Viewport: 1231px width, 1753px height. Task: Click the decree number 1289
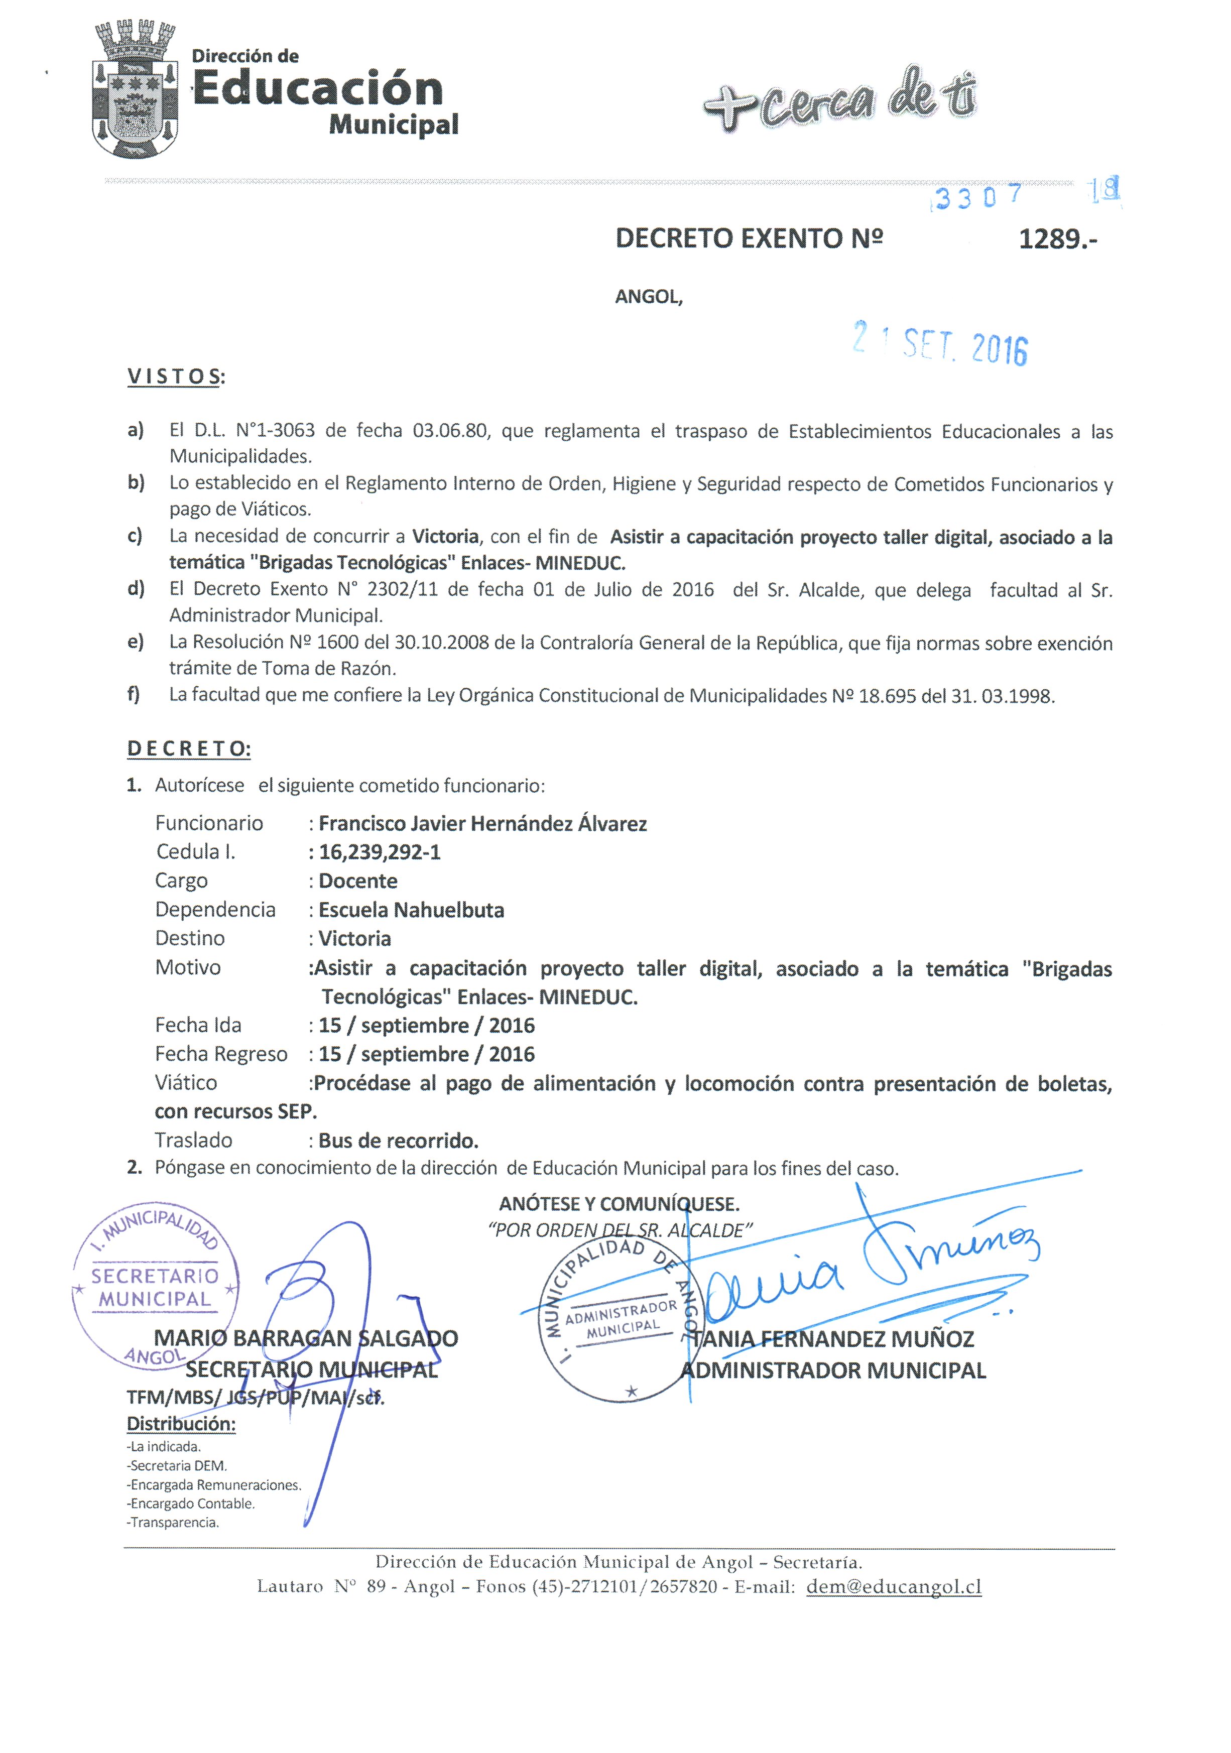point(1057,240)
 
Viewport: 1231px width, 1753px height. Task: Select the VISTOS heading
point(175,377)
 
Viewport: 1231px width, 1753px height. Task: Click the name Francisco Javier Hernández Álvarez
point(482,824)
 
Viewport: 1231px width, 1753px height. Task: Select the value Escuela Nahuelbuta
point(411,910)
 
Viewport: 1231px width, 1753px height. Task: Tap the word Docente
point(357,881)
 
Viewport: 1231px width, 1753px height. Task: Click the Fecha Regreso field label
point(221,1054)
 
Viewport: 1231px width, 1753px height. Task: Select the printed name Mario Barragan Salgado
point(305,1338)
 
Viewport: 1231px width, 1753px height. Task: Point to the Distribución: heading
point(181,1424)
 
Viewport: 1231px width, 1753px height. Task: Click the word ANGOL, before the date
point(648,297)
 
